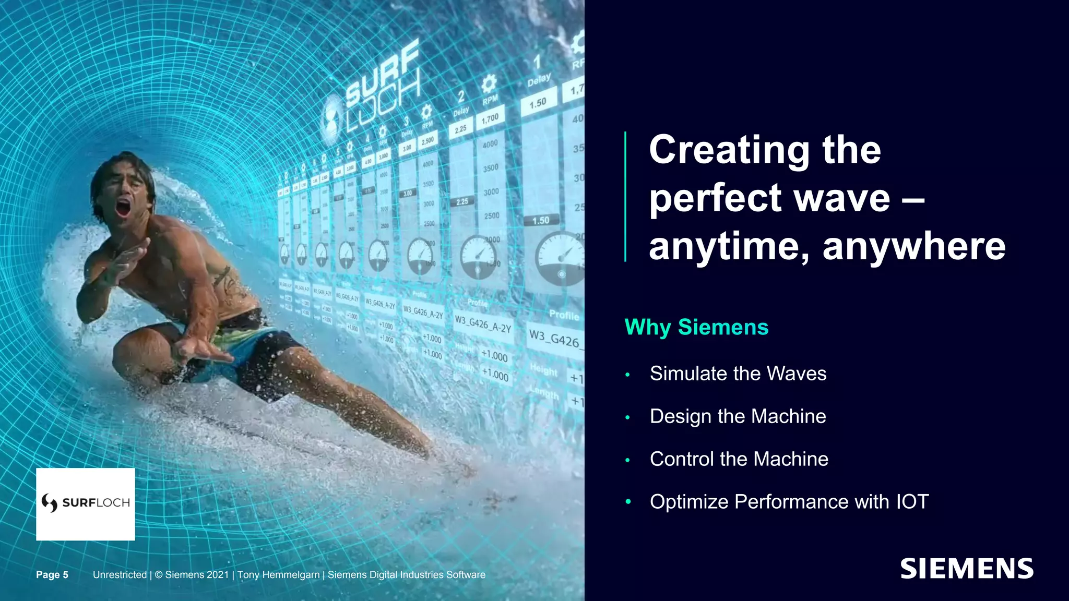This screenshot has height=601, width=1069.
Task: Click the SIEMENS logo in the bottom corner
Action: (x=967, y=569)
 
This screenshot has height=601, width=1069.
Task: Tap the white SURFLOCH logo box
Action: (x=86, y=503)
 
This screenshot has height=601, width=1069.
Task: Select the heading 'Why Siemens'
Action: (x=696, y=327)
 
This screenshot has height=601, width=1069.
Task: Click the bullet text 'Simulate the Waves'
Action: (x=738, y=374)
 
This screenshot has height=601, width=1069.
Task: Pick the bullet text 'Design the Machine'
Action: (x=738, y=416)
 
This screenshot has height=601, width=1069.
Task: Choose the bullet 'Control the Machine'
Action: (x=739, y=459)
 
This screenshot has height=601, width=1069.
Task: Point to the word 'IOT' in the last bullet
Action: (x=912, y=502)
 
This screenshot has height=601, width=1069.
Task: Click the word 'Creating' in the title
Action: (x=729, y=150)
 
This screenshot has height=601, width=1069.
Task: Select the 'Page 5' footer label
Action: (x=52, y=574)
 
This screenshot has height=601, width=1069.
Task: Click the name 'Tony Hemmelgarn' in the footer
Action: (x=278, y=574)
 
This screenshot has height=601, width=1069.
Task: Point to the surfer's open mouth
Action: (x=123, y=207)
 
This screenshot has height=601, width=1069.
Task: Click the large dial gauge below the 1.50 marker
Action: (x=560, y=258)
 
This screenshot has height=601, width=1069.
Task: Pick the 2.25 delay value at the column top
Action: (x=460, y=129)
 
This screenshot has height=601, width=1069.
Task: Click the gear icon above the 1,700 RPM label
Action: (x=488, y=83)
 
